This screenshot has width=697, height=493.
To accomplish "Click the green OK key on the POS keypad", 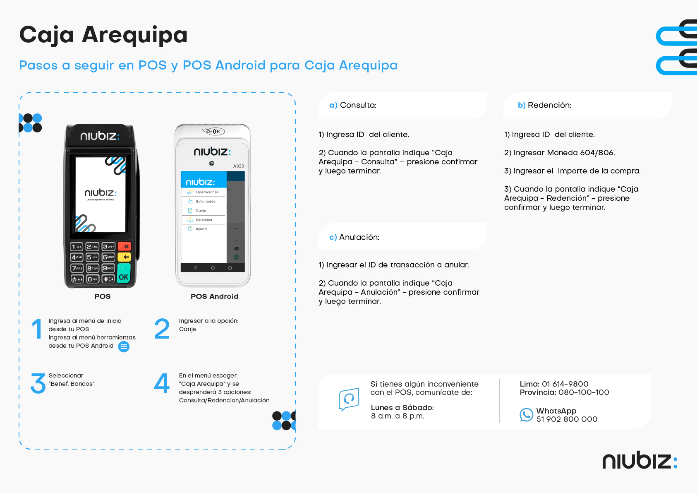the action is point(124,273).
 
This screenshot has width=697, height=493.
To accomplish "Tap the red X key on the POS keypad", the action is point(124,246).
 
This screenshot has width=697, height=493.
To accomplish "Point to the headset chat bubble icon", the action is point(349,399).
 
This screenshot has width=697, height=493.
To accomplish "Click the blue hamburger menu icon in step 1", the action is point(124,346).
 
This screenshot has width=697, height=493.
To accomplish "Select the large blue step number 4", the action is point(162,383).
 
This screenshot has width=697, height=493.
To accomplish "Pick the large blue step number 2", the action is point(162,329).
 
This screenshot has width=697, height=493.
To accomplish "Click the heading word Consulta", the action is point(358,105).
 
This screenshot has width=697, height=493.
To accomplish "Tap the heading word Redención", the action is point(549,105).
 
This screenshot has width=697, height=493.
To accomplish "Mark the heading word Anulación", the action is point(359,237).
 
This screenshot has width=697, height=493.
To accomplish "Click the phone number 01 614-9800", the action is point(565,384).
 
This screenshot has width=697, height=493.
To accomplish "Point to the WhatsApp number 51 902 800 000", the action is point(567,419).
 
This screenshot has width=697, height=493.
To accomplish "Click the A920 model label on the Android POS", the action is point(239,166).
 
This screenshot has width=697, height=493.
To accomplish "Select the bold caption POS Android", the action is point(214,296).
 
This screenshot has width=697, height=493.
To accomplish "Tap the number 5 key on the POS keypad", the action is point(92,257).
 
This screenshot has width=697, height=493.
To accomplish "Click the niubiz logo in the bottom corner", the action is point(640,459).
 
